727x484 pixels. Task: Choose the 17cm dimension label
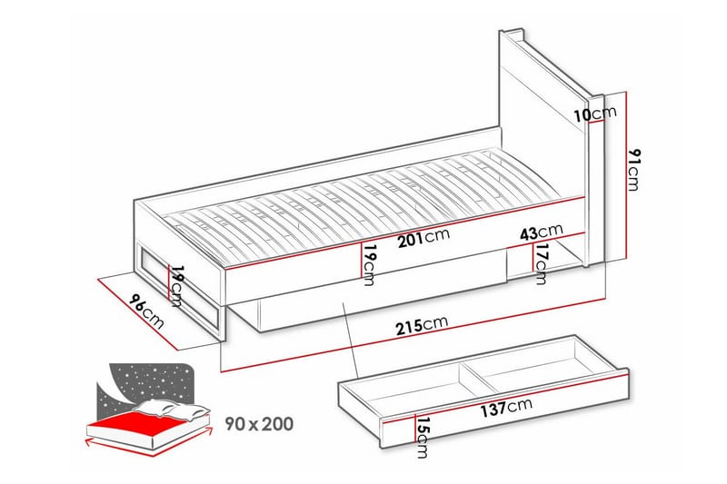[542, 264]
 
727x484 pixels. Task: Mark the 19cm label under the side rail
[368, 264]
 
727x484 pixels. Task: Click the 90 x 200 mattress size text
[259, 423]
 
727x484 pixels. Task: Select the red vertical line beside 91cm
[626, 177]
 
